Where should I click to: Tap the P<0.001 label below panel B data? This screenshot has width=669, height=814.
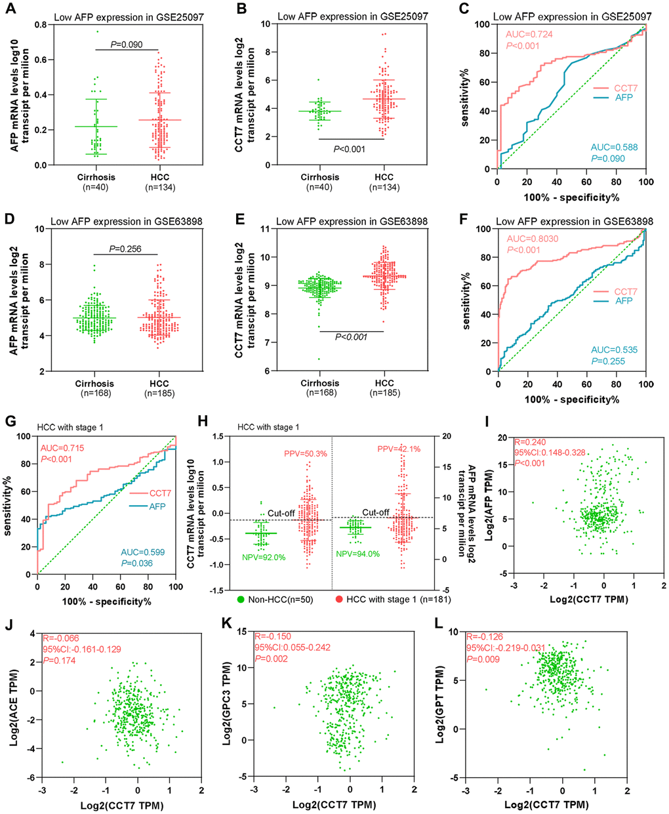click(348, 149)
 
